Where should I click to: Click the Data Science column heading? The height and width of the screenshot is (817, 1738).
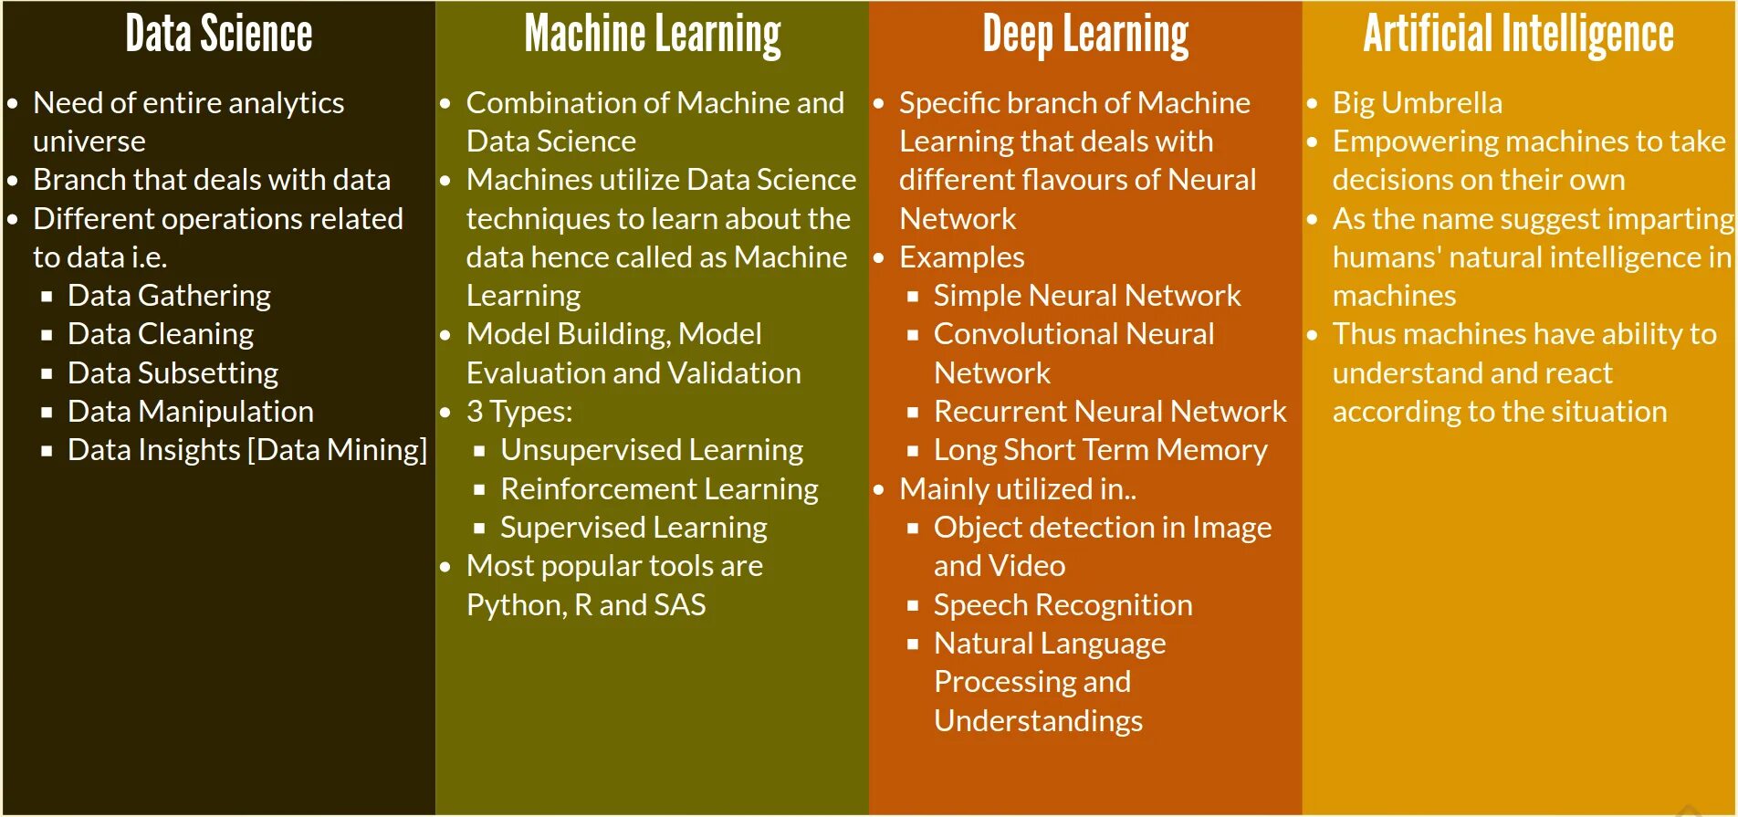219,35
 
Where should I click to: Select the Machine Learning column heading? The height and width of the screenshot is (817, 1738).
653,35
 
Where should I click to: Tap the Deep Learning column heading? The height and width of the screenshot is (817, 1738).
1085,35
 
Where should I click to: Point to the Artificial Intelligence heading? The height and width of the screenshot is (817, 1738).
1518,35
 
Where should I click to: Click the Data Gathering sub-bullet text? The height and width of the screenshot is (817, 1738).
169,296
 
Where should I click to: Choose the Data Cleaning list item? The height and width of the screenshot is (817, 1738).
161,334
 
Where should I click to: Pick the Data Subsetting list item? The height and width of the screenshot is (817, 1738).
173,373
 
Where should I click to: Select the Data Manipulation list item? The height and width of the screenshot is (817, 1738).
190,412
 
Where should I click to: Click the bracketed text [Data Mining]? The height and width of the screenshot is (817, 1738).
337,450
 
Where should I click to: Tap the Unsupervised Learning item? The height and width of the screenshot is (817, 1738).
652,450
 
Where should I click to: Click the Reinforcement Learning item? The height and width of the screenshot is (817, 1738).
659,489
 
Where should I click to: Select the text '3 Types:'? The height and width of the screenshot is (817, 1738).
519,412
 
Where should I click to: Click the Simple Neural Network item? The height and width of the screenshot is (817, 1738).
1086,296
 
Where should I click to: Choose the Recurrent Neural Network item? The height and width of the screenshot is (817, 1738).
1110,412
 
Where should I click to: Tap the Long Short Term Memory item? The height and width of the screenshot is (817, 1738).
1100,450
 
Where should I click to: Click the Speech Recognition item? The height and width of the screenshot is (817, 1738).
1063,605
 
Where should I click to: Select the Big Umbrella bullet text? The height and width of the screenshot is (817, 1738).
1417,103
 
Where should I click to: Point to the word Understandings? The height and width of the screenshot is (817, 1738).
1038,721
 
